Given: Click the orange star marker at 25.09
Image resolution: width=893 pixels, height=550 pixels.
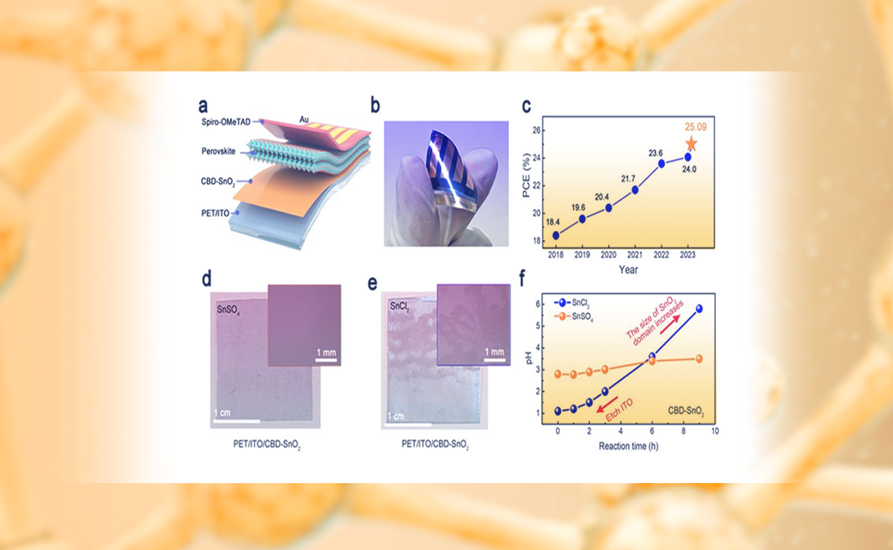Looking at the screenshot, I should tap(691, 143).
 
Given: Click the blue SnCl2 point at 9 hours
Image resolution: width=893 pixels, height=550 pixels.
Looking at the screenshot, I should tap(699, 308).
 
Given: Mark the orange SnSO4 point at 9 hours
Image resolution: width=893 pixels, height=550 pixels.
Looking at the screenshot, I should tap(699, 359).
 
